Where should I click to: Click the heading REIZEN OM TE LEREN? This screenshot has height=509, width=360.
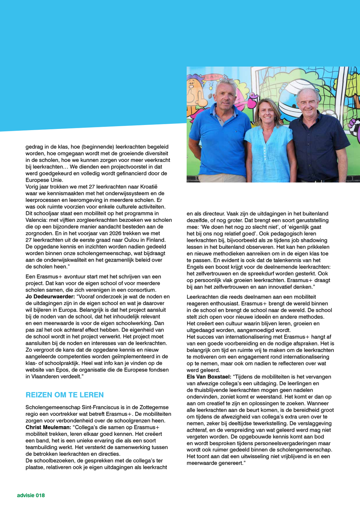[65, 395]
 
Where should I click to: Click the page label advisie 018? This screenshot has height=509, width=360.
[31, 495]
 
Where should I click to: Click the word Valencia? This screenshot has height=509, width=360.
[37, 227]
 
